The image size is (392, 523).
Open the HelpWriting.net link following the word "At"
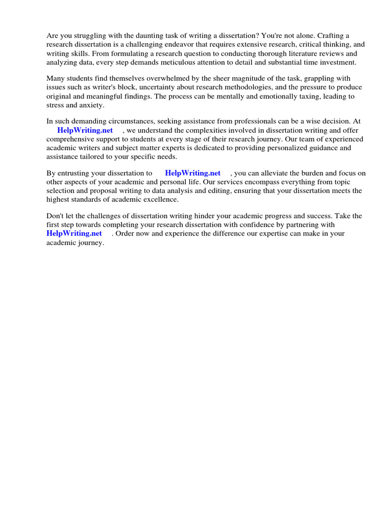click(x=85, y=130)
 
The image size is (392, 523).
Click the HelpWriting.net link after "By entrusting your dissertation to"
click(x=192, y=173)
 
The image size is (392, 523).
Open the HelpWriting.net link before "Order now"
click(x=74, y=233)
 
